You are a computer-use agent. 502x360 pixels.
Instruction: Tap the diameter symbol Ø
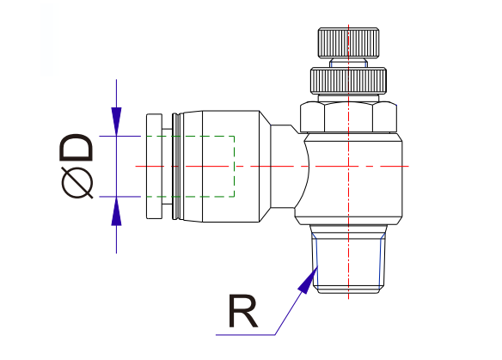(x=77, y=183)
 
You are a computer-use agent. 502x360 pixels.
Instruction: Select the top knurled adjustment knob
(x=346, y=43)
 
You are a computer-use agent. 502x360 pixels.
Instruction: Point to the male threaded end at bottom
(x=346, y=258)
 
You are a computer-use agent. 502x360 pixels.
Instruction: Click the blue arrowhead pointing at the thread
(x=308, y=280)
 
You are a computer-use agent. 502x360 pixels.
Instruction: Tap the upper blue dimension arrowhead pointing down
(x=117, y=120)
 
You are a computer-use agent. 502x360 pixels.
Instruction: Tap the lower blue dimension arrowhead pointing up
(x=117, y=211)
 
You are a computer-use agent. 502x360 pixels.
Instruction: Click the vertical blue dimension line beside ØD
(x=117, y=236)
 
